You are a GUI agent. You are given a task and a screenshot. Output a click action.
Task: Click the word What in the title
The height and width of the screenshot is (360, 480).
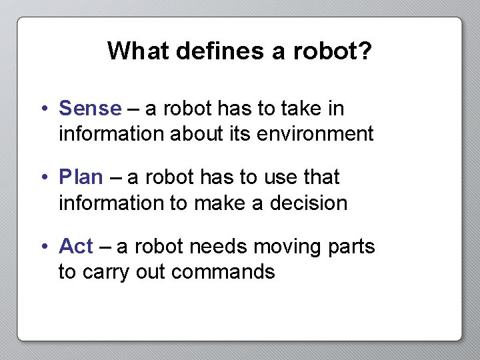(x=138, y=51)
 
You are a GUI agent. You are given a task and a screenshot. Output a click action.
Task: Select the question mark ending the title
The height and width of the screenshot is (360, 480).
(x=365, y=51)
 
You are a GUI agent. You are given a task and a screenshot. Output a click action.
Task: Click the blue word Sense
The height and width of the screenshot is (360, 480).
(x=90, y=108)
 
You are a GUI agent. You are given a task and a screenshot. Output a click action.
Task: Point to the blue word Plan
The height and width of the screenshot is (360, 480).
(x=81, y=177)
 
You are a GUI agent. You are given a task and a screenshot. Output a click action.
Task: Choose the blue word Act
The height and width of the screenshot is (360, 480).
(x=75, y=247)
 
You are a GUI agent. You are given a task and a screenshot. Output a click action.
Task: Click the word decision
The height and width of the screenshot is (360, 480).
(x=309, y=203)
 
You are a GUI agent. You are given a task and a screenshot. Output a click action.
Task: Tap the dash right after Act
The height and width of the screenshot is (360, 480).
(x=105, y=247)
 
